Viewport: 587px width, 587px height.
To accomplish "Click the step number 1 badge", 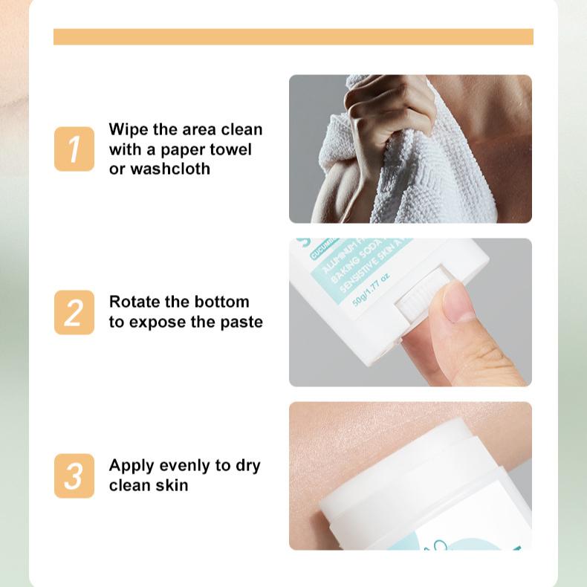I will tap(74, 149).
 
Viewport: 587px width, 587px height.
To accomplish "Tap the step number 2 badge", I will tap(74, 312).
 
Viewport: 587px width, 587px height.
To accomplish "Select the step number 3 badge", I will tap(74, 476).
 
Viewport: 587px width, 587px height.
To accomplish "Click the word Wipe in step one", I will tap(128, 130).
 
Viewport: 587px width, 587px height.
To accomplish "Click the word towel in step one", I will tap(230, 149).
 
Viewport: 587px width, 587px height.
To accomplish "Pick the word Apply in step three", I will tap(131, 466).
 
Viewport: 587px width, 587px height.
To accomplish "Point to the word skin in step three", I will tap(171, 485).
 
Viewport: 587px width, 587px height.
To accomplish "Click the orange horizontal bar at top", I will tap(293, 36).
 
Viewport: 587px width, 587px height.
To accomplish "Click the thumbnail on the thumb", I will tap(458, 302).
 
